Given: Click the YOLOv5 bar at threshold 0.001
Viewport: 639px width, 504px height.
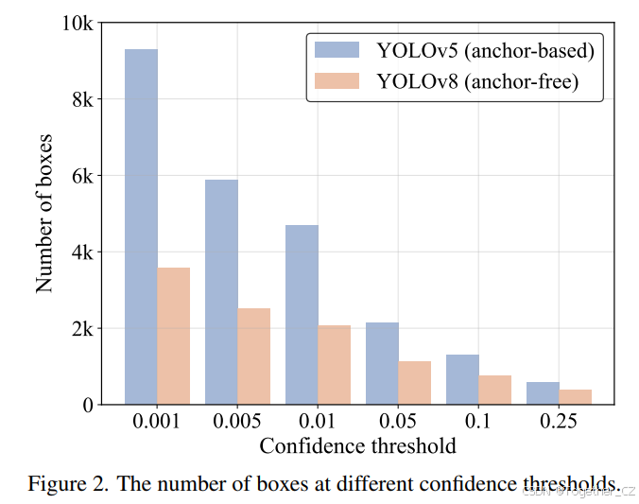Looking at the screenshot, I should tap(141, 227).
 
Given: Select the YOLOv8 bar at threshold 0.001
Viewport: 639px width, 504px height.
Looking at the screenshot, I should tap(174, 336).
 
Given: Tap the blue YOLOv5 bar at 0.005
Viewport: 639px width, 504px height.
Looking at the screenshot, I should tap(221, 292).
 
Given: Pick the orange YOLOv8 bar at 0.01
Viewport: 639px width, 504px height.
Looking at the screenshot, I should tap(335, 365).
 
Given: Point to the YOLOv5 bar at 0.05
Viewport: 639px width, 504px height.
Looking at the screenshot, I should tap(382, 363).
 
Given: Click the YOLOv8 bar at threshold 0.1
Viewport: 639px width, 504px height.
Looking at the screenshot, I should tap(494, 390).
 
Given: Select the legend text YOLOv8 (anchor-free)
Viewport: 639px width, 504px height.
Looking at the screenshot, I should tap(476, 82).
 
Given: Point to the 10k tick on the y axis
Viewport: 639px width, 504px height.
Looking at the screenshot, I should tap(77, 23).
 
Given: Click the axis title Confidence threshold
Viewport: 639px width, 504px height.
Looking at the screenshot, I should tap(357, 445).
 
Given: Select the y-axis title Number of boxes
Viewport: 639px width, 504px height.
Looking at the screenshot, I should tap(44, 214).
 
